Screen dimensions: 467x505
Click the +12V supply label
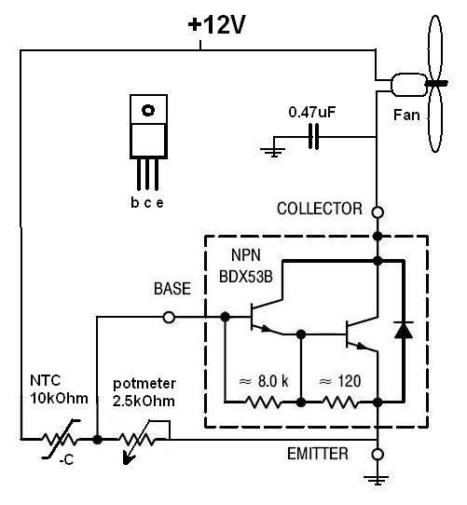tap(216, 25)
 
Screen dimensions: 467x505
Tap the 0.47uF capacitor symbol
tap(313, 137)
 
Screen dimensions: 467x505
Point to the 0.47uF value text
tap(312, 113)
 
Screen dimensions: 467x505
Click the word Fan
tap(406, 115)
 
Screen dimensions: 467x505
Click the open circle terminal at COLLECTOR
tap(378, 212)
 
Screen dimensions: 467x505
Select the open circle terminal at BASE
tap(169, 317)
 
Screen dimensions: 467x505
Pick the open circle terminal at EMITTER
tap(378, 455)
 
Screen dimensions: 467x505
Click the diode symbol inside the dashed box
tap(404, 330)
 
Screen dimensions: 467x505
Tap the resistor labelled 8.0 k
tap(263, 403)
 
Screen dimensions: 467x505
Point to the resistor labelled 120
tap(339, 403)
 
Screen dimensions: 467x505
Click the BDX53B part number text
tap(245, 277)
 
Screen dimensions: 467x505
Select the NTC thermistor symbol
tap(60, 439)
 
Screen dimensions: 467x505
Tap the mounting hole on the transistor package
tap(148, 111)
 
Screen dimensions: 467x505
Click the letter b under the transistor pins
tap(135, 202)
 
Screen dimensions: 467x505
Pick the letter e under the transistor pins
tap(159, 203)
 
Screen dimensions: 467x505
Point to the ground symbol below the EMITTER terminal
tap(378, 480)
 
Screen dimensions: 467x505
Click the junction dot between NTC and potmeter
tap(97, 439)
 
